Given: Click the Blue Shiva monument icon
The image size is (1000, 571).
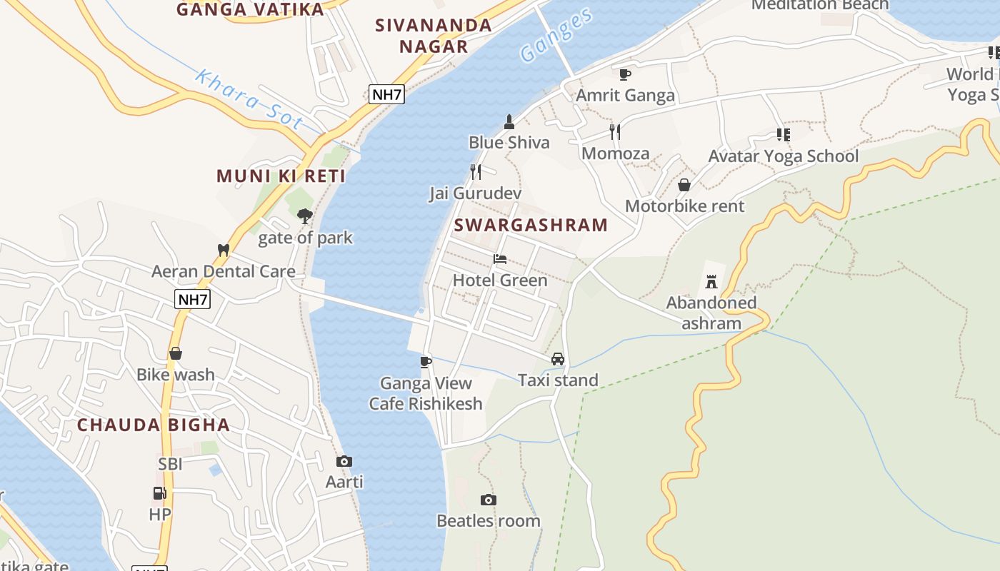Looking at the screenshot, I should (509, 121).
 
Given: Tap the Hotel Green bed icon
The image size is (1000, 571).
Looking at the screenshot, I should (500, 259).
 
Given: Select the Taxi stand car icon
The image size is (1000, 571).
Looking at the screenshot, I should (558, 359).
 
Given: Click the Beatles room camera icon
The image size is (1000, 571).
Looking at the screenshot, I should (489, 500).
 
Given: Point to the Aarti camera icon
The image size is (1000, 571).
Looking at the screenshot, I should (344, 461).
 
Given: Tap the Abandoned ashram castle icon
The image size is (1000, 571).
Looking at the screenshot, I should (711, 281).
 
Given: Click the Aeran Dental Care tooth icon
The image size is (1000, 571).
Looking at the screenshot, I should (223, 250).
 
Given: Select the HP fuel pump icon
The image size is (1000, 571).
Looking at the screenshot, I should (159, 492).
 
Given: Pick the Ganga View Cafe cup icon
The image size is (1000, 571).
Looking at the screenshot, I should (426, 362).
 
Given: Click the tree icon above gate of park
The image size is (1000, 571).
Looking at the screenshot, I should (305, 216).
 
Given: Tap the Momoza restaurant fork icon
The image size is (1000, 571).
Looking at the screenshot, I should (615, 131).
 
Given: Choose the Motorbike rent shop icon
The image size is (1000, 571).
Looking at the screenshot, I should (684, 185).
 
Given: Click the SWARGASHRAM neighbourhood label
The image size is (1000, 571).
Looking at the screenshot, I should (531, 225).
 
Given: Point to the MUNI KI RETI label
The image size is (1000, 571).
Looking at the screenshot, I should (281, 176).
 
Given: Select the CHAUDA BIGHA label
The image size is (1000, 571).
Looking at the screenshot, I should (154, 425).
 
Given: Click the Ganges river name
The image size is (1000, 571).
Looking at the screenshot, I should (556, 36).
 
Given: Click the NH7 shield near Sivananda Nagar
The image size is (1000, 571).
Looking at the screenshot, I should (386, 94).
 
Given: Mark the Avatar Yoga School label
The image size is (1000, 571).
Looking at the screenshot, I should (783, 156).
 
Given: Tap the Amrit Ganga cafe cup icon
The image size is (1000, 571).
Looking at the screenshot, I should (625, 74).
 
